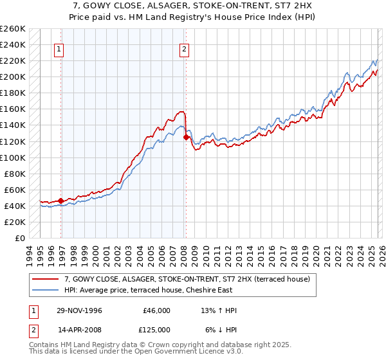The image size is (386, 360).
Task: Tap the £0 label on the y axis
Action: point(20,238)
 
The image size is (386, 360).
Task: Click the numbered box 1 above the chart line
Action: point(59,48)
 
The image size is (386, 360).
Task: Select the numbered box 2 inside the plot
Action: point(184,48)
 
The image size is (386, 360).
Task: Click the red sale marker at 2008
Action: point(186,137)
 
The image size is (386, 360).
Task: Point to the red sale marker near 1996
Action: point(61,201)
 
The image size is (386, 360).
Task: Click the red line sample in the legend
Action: point(46,279)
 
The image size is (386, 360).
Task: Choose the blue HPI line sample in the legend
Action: point(46,290)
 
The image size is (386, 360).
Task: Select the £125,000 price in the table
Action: point(156,329)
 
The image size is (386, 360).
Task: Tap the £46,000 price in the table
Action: point(156,310)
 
